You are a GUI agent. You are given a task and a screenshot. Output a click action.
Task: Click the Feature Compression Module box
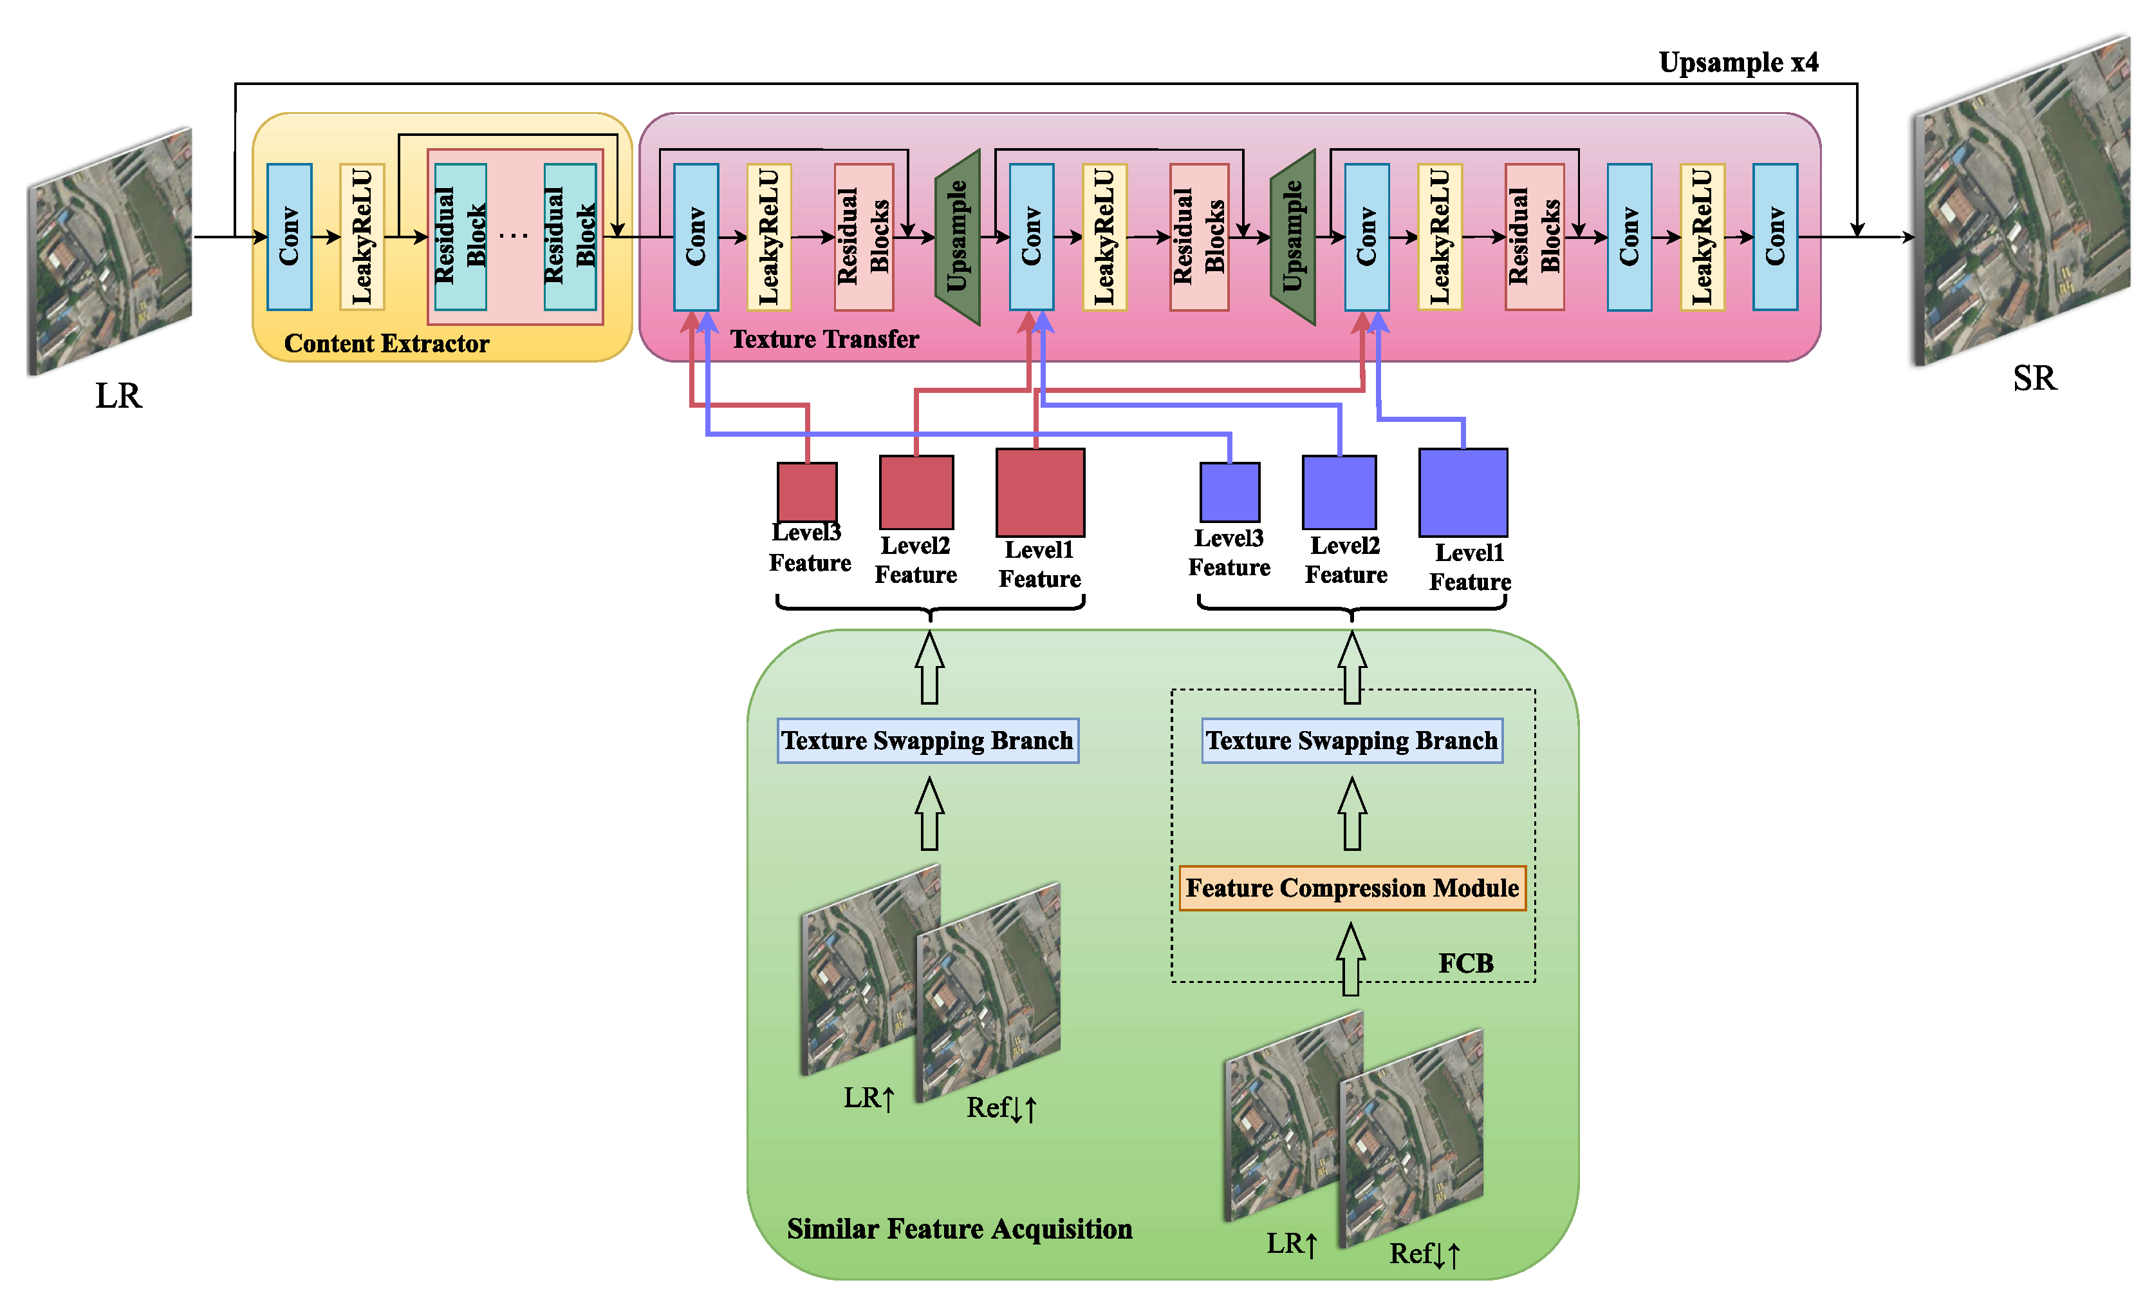pyautogui.click(x=1351, y=888)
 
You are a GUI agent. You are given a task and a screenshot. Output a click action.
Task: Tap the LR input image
pyautogui.click(x=111, y=252)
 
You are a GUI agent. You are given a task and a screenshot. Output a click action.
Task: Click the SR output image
pyautogui.click(x=2021, y=201)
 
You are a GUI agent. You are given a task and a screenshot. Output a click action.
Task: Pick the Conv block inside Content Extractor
pyautogui.click(x=290, y=236)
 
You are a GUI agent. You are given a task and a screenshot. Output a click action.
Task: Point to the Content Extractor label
pyautogui.click(x=386, y=344)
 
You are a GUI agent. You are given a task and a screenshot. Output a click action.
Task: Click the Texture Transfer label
pyautogui.click(x=824, y=339)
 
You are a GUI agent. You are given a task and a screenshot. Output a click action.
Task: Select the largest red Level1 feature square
pyautogui.click(x=1040, y=493)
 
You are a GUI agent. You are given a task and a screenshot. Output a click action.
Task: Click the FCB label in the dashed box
pyautogui.click(x=1466, y=963)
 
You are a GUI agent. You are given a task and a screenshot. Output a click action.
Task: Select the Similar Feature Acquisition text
pyautogui.click(x=959, y=1229)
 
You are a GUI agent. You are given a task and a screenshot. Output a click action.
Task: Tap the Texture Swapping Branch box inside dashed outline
pyautogui.click(x=1351, y=741)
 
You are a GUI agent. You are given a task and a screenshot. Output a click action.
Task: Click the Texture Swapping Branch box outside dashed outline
pyautogui.click(x=927, y=741)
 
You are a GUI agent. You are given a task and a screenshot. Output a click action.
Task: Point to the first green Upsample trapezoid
pyautogui.click(x=958, y=236)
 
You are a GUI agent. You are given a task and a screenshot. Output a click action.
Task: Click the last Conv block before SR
pyautogui.click(x=1774, y=236)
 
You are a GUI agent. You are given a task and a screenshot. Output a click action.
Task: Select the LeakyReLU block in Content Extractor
pyautogui.click(x=362, y=236)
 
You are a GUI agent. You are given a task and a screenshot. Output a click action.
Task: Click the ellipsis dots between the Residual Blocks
pyautogui.click(x=514, y=235)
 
